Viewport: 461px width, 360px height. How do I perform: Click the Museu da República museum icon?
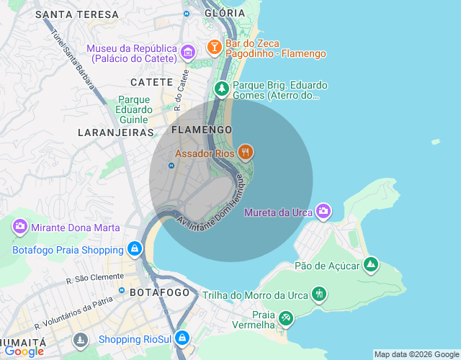(x=188, y=51)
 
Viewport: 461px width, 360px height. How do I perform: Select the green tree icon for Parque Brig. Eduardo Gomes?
(x=222, y=89)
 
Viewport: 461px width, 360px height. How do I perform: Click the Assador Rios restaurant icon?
(x=246, y=152)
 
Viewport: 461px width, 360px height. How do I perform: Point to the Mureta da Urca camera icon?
(x=323, y=210)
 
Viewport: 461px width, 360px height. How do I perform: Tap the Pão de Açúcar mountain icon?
(x=370, y=265)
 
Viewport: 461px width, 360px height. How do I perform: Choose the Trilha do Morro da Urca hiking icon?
(x=319, y=294)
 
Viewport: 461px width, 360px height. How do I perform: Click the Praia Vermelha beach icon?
(x=286, y=318)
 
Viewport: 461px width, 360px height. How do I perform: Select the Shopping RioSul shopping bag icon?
(x=183, y=338)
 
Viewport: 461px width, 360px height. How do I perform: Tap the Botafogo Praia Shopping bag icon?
(x=133, y=249)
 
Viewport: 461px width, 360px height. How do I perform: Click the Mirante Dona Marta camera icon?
(x=19, y=227)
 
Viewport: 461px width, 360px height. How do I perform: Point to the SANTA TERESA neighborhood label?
(x=76, y=14)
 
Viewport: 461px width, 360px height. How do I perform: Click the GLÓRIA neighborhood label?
(x=224, y=13)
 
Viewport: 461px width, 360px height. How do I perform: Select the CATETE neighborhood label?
(x=151, y=82)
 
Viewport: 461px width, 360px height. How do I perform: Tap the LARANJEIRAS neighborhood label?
(x=115, y=132)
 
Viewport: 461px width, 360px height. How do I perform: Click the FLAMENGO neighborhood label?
(x=202, y=130)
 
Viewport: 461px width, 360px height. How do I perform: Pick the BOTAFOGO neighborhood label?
(x=160, y=292)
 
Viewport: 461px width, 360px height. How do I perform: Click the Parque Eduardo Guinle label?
(x=134, y=109)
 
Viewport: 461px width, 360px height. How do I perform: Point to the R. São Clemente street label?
(x=97, y=277)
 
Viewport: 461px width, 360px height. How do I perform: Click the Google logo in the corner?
(x=24, y=351)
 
